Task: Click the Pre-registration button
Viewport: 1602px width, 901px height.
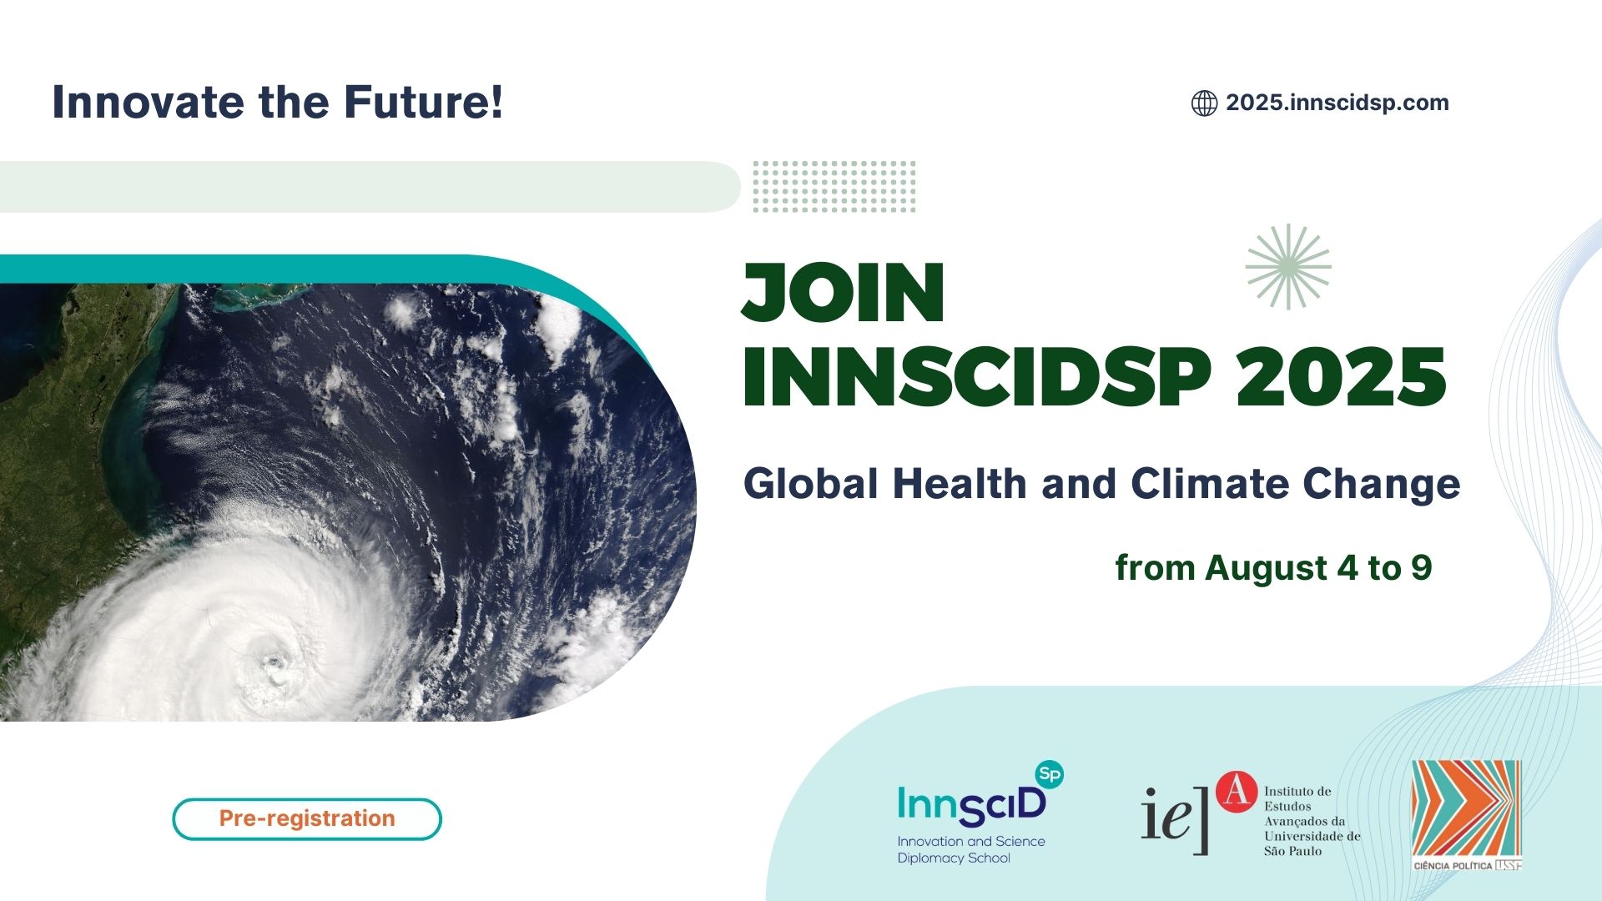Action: click(307, 818)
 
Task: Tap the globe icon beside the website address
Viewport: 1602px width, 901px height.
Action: click(1204, 103)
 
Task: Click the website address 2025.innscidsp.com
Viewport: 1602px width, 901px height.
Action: click(1337, 103)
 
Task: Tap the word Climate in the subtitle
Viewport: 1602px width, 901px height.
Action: click(1210, 484)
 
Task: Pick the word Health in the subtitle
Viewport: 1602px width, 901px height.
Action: click(960, 484)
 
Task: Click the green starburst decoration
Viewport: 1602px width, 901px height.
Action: click(1288, 267)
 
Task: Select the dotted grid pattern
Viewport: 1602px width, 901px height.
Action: click(834, 186)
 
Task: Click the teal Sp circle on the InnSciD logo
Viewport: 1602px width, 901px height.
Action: click(1050, 774)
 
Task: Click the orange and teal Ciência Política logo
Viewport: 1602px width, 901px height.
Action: click(1467, 815)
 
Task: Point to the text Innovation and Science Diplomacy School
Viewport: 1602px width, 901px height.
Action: click(971, 849)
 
